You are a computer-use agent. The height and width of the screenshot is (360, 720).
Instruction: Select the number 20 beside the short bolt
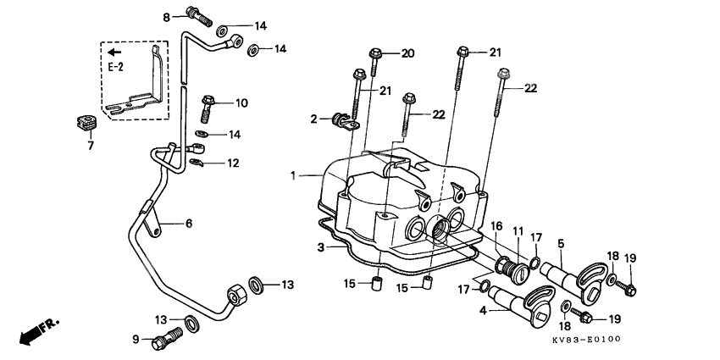click(x=407, y=53)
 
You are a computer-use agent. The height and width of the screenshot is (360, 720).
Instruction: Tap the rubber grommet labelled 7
click(x=86, y=123)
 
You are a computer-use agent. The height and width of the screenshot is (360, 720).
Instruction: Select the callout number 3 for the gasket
click(x=321, y=248)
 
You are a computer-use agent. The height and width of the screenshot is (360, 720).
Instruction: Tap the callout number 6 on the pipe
click(x=189, y=224)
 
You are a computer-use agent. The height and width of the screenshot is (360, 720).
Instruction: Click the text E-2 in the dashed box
click(x=116, y=67)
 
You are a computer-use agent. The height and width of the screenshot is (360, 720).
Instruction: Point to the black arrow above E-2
click(x=114, y=52)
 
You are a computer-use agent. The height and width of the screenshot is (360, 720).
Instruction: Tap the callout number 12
click(x=233, y=163)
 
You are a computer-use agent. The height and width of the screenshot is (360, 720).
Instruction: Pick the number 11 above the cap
click(x=518, y=231)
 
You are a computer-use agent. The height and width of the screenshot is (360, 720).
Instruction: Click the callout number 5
click(x=561, y=243)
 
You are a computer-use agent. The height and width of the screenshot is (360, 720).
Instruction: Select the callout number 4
click(x=483, y=310)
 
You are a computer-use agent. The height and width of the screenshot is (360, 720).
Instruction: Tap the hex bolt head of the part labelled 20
click(x=375, y=53)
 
